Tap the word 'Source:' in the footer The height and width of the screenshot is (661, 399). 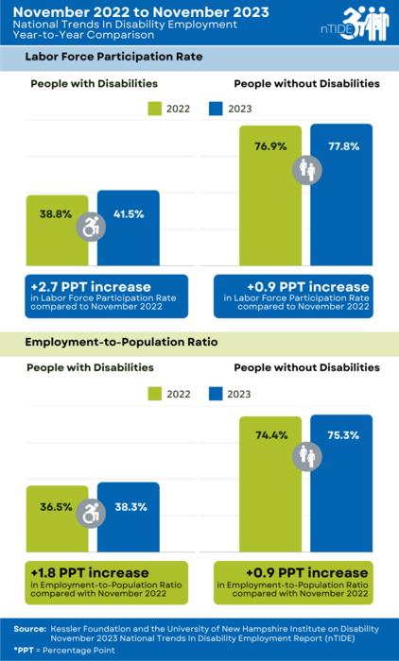(x=29, y=627)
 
